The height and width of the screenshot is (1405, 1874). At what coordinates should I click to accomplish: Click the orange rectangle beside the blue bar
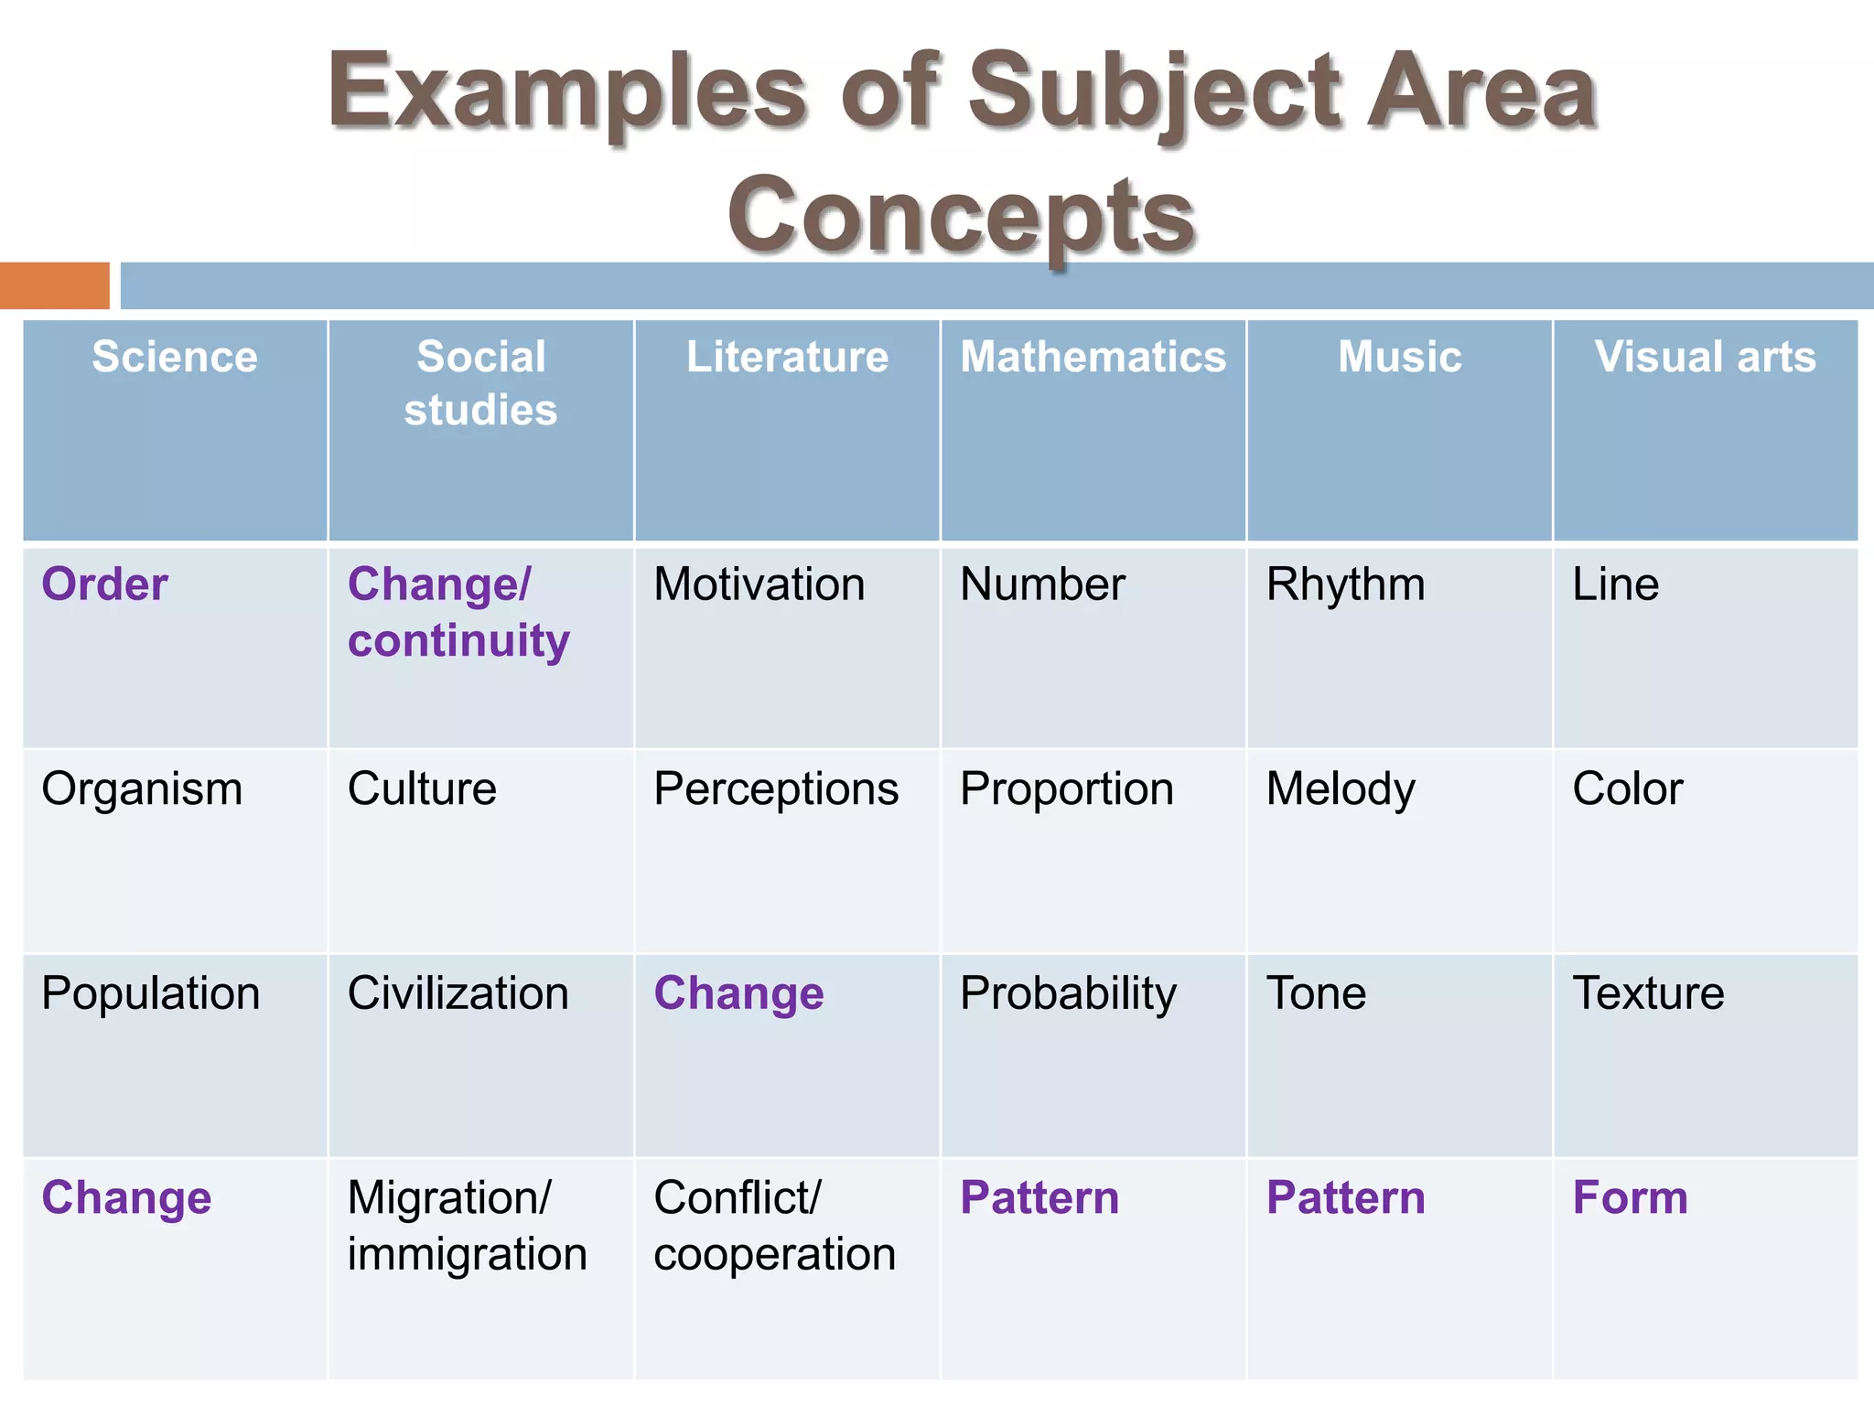[x=54, y=285]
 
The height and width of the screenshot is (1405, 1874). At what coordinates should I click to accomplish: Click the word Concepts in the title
[x=961, y=215]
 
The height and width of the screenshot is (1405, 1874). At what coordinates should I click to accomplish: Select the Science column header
[x=174, y=357]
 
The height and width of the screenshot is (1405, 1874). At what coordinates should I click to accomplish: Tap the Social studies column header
[x=480, y=382]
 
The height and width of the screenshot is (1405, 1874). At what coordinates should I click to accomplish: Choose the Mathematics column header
[x=1093, y=357]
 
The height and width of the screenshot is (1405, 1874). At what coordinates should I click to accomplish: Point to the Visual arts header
[x=1705, y=357]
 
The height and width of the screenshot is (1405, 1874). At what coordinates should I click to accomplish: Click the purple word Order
[x=105, y=585]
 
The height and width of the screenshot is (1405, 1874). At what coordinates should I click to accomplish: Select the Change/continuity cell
[x=458, y=612]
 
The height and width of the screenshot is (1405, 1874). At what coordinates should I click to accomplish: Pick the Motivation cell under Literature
[x=759, y=585]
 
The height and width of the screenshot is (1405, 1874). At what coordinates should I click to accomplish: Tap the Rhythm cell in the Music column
[x=1345, y=585]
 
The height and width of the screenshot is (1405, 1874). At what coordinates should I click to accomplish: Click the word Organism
[x=142, y=789]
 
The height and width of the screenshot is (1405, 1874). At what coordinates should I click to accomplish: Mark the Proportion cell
[x=1066, y=789]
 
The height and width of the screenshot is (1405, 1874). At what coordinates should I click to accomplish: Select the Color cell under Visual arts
[x=1627, y=789]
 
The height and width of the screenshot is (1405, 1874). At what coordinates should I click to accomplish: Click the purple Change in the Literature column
[x=738, y=993]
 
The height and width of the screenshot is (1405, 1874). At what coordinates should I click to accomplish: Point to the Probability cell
[x=1068, y=993]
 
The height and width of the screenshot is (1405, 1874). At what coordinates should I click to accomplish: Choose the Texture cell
[x=1648, y=993]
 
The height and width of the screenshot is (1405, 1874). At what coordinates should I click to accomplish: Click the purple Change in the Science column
[x=126, y=1198]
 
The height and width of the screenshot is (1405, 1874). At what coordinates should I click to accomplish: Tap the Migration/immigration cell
[x=467, y=1226]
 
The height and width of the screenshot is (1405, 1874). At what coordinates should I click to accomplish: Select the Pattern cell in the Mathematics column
[x=1039, y=1198]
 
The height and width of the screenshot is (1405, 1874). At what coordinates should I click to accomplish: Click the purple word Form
[x=1630, y=1198]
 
